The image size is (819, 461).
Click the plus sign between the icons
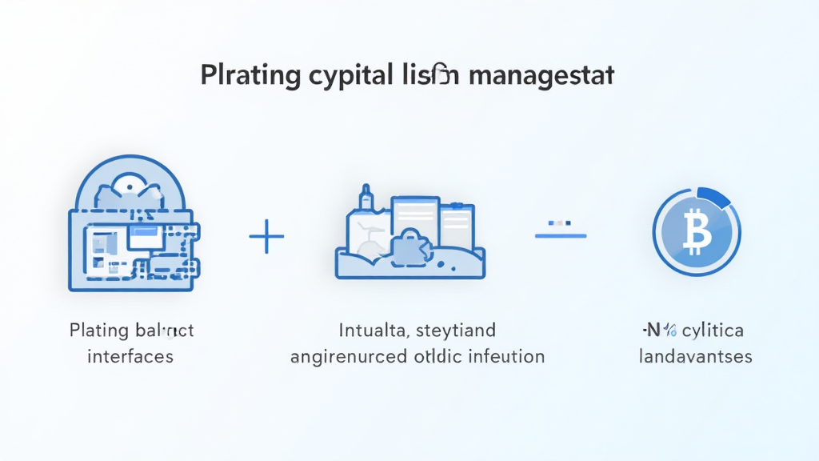267,239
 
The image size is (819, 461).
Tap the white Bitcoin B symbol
697,233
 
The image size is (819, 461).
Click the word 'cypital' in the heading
347,78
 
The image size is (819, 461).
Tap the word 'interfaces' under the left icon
131,356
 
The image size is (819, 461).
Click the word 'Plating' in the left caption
96,331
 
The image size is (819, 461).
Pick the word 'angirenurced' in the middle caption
347,356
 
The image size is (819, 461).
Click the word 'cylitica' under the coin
712,331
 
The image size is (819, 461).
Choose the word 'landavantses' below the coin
696,356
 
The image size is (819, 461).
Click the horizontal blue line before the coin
561,235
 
